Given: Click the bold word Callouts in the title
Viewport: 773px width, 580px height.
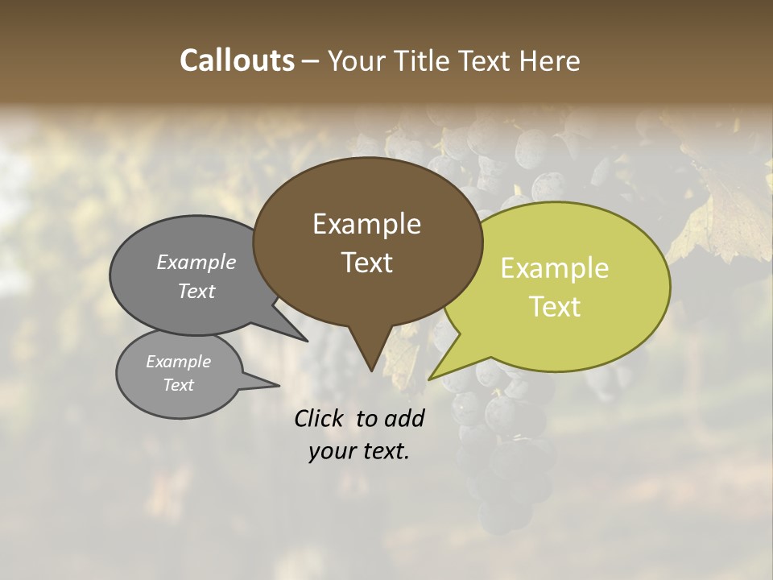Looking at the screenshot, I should [x=237, y=60].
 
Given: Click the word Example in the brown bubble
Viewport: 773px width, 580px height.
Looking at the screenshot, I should [x=366, y=224].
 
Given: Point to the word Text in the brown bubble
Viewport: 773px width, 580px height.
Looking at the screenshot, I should [x=366, y=263].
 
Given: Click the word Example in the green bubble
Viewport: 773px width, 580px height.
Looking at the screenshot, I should [x=555, y=268].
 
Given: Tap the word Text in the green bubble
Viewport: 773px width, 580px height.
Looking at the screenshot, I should [x=555, y=307].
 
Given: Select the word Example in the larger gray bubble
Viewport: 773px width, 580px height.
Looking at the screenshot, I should [x=196, y=262].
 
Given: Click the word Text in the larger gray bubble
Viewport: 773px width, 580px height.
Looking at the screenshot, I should [x=196, y=291].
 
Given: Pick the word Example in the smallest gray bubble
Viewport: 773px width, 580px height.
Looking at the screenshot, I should [x=178, y=362].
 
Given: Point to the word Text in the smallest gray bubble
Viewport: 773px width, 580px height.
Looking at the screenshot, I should [x=178, y=385].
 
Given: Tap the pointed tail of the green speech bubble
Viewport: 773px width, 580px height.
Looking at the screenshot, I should [x=435, y=375].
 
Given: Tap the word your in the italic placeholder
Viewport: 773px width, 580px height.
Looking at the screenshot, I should [x=331, y=452].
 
